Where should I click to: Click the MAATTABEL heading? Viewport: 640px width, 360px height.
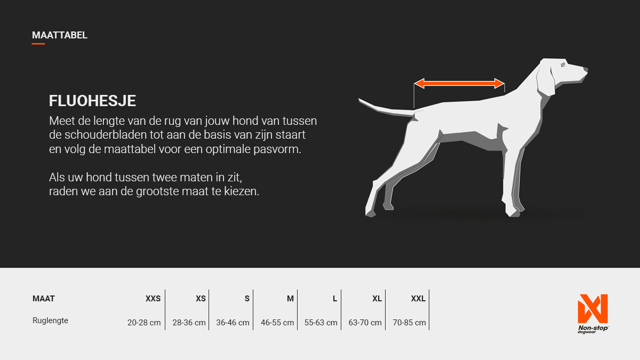pos(59,35)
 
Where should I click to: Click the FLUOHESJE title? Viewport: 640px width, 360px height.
pos(92,101)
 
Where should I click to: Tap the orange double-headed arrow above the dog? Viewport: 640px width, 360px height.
pos(459,83)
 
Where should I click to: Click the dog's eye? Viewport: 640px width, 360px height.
pos(563,65)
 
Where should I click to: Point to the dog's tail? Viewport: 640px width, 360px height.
pos(386,109)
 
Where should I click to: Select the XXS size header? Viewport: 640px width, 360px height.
pos(153,299)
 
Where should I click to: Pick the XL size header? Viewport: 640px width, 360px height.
pos(377,299)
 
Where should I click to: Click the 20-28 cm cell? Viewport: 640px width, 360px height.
pos(144,323)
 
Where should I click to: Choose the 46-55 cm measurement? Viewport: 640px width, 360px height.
pos(277,323)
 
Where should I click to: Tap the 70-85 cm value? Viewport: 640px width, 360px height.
pos(409,323)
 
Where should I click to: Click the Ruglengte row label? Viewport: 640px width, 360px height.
pos(50,321)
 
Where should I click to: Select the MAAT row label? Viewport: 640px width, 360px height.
pos(43,299)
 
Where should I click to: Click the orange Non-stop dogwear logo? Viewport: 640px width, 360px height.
pos(593,314)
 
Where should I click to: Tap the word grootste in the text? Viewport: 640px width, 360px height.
pos(157,191)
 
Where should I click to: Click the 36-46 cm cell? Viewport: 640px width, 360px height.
pos(233,323)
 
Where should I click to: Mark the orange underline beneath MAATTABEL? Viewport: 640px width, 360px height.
pos(38,44)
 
